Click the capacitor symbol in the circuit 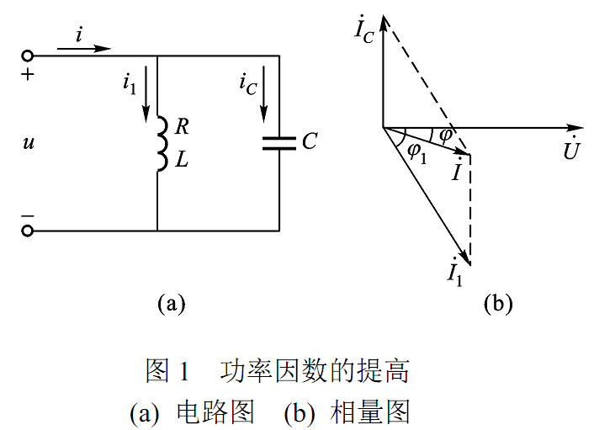click(278, 141)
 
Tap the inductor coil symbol click(160, 144)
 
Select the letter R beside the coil click(182, 128)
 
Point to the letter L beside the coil click(182, 160)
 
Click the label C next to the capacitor click(309, 141)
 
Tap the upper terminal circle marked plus click(28, 56)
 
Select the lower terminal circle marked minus click(28, 231)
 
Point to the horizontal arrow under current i click(84, 49)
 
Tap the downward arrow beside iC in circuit click(266, 98)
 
